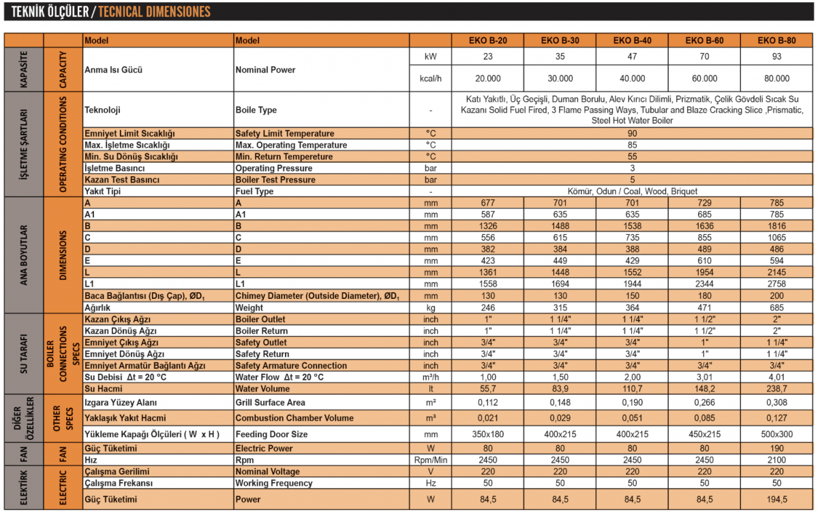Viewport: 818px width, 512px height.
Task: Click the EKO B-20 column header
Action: (487, 40)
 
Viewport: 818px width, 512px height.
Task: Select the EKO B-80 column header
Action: (776, 40)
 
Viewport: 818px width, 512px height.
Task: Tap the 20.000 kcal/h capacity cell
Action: (487, 78)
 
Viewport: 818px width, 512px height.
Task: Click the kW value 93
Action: (776, 57)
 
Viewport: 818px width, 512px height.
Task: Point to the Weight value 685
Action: (776, 307)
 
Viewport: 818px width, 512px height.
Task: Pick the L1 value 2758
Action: (776, 284)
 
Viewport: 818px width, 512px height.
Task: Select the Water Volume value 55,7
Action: (487, 389)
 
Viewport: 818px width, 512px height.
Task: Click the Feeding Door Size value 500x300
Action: (776, 434)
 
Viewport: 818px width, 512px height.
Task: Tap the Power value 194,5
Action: (776, 499)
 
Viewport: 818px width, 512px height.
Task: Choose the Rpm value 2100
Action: (776, 460)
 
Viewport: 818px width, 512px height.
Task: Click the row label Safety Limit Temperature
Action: (285, 133)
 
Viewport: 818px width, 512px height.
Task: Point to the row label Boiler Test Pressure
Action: (275, 180)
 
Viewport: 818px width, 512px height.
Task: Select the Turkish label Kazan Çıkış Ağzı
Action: (117, 319)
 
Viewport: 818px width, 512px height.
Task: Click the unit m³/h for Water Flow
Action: (431, 377)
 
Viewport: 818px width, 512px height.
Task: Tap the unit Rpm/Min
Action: (431, 460)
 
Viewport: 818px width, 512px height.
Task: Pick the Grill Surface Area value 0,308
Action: (776, 402)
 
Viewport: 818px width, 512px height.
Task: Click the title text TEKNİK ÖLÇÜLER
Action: (46, 12)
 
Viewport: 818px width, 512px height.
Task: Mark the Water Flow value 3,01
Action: (704, 377)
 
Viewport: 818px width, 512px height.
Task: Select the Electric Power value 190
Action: (776, 448)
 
